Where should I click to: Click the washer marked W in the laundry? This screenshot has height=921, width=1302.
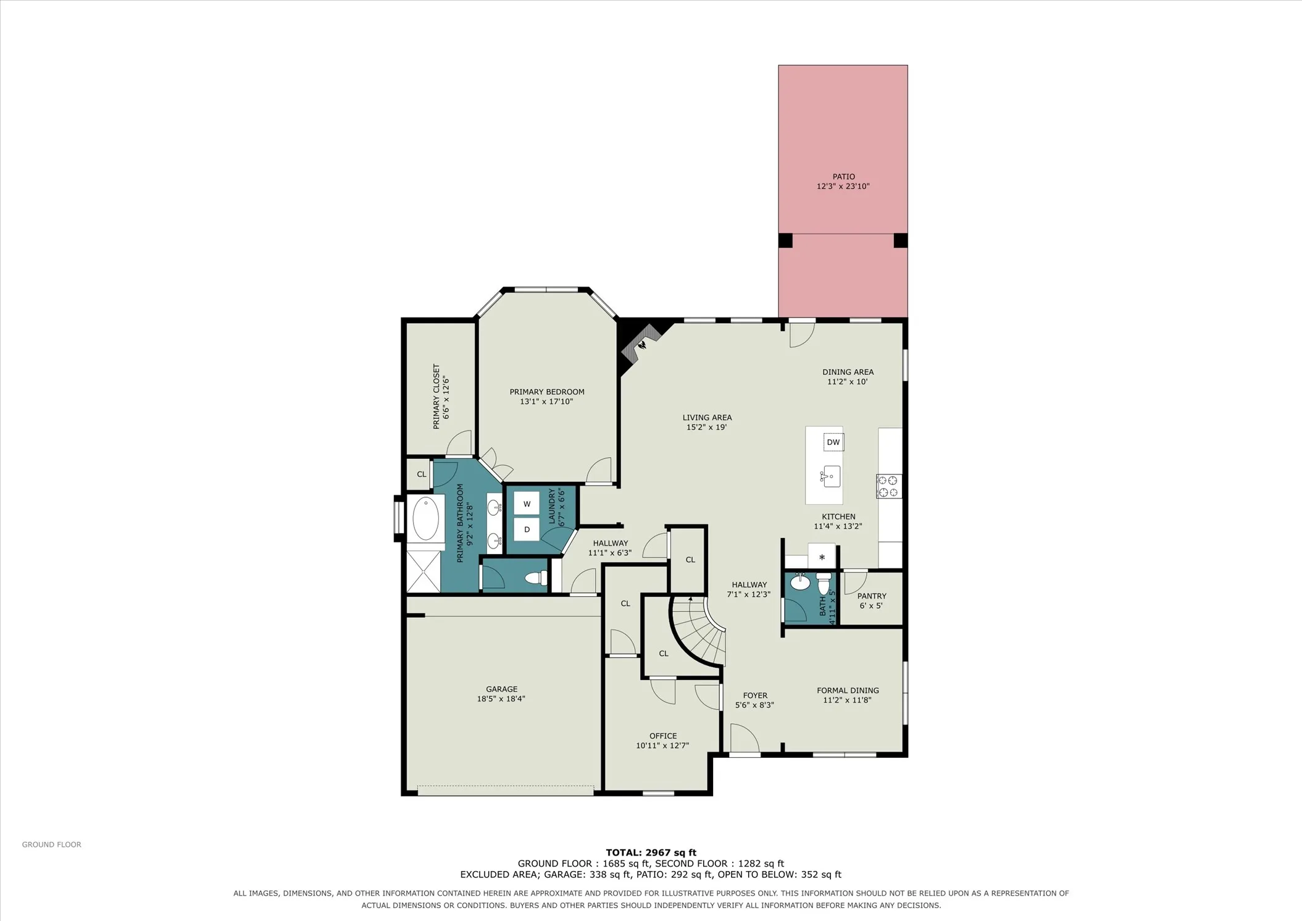527,504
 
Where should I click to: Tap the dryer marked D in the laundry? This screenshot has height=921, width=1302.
527,529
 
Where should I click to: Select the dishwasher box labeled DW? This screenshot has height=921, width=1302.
833,442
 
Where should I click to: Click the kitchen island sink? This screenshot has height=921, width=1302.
830,476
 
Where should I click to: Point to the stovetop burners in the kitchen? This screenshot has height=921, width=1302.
889,486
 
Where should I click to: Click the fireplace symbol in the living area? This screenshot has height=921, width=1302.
642,344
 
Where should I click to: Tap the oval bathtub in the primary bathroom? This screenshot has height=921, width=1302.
425,519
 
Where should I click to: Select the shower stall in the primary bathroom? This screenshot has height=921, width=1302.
423,571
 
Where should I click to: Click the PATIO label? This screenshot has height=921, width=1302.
843,177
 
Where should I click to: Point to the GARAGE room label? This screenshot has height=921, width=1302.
501,689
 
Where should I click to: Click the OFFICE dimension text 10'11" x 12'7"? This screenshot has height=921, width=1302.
662,746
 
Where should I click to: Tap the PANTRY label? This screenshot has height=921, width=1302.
872,596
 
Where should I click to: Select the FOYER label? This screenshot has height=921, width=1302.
755,696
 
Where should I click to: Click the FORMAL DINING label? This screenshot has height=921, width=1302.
848,691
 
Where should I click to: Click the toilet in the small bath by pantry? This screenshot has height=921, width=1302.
824,583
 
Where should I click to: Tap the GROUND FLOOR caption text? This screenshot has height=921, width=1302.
52,844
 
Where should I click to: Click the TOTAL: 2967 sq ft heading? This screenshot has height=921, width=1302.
651,852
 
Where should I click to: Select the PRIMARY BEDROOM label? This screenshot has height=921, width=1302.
547,392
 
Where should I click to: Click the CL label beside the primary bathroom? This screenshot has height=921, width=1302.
422,474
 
